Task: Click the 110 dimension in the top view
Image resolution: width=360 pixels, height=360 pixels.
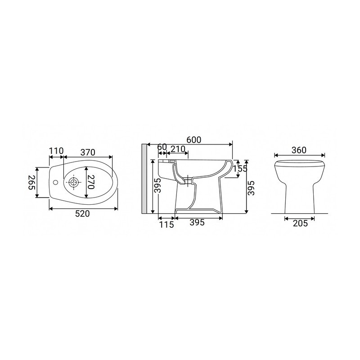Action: click(57, 150)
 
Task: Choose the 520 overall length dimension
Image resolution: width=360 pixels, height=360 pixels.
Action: click(82, 215)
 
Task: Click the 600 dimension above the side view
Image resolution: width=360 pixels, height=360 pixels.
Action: click(193, 140)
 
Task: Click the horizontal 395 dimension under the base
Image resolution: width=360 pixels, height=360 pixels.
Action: click(198, 222)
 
